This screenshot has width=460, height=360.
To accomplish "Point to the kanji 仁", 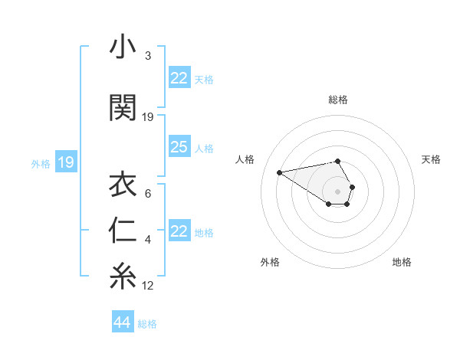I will (123, 231).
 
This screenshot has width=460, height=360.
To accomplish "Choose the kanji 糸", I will (123, 277).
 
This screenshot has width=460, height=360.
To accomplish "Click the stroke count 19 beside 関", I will (148, 117).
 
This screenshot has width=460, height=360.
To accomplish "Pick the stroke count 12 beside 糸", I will (148, 286).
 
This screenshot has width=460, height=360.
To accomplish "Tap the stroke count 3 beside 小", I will (148, 56).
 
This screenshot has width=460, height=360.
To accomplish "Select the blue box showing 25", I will (179, 147).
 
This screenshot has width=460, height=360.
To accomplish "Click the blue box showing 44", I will (123, 322).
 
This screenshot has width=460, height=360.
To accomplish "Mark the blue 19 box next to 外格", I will (66, 162).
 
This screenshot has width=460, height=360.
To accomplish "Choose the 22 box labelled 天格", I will (179, 78).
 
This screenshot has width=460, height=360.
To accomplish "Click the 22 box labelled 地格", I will (179, 231).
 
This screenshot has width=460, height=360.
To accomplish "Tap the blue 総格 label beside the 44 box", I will (147, 324).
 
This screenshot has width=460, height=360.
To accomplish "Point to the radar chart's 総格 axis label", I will (337, 100).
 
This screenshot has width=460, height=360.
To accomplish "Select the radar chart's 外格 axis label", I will (270, 263).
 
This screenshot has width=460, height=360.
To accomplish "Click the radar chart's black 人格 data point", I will (279, 172).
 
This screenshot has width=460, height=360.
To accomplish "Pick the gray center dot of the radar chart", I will (337, 191).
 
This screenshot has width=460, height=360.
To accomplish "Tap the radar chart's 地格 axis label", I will (402, 263).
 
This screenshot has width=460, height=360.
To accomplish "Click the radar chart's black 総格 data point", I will (337, 161).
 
